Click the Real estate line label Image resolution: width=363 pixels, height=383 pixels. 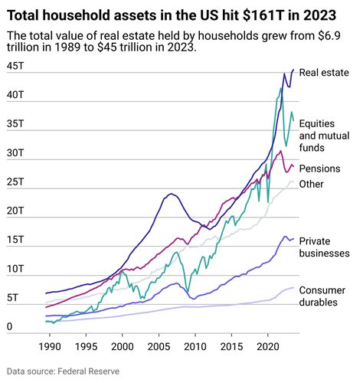[x=324, y=73]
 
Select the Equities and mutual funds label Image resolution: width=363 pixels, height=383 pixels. [x=323, y=134]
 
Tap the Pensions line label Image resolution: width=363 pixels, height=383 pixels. [x=320, y=169]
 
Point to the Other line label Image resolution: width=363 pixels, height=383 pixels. [x=312, y=184]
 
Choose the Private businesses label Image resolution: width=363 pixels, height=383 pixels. [x=324, y=246]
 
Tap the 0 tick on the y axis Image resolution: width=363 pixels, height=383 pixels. [x=9, y=328]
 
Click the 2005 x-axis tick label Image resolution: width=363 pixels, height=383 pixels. [x=159, y=347]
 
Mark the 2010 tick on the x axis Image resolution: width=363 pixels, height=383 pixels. [x=195, y=347]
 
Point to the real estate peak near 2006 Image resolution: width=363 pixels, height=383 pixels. [x=170, y=194]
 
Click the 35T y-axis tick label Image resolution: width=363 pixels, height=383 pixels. [x=15, y=123]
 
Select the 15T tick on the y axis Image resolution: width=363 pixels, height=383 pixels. [x=15, y=241]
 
